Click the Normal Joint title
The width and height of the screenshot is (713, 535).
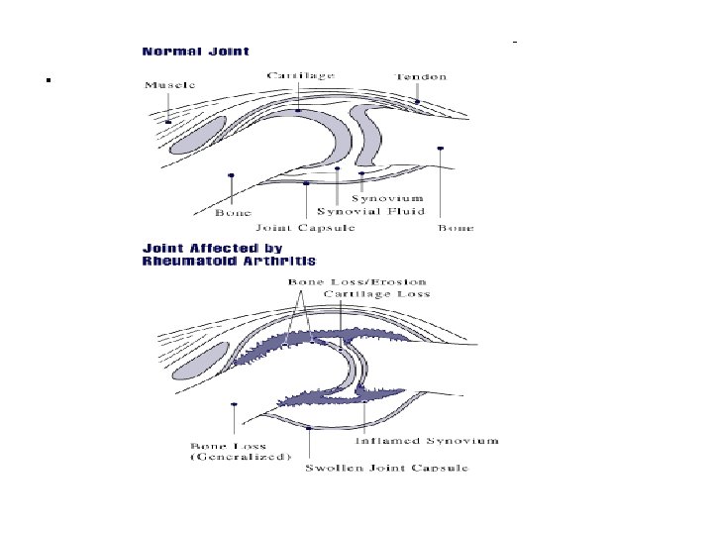[x=195, y=51]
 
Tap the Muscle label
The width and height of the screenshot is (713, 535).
[x=170, y=85]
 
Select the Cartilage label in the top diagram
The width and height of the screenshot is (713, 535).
[x=300, y=75]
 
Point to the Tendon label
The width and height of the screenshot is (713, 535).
[x=422, y=76]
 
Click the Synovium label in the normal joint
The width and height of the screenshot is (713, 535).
[x=394, y=197]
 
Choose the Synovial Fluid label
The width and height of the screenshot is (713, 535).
[x=370, y=211]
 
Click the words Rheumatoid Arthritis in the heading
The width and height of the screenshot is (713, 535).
[x=230, y=262]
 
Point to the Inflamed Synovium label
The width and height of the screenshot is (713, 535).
[x=427, y=441]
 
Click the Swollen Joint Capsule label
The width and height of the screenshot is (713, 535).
[x=386, y=468]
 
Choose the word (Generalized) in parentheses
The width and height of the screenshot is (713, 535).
[x=241, y=457]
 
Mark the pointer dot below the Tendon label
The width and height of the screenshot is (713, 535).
[x=419, y=101]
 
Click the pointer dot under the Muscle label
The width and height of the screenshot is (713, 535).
[x=168, y=122]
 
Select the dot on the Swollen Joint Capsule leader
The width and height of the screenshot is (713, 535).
[x=311, y=428]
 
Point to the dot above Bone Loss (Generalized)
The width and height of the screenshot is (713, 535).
[x=234, y=404]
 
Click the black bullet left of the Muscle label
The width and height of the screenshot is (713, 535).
[x=49, y=79]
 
